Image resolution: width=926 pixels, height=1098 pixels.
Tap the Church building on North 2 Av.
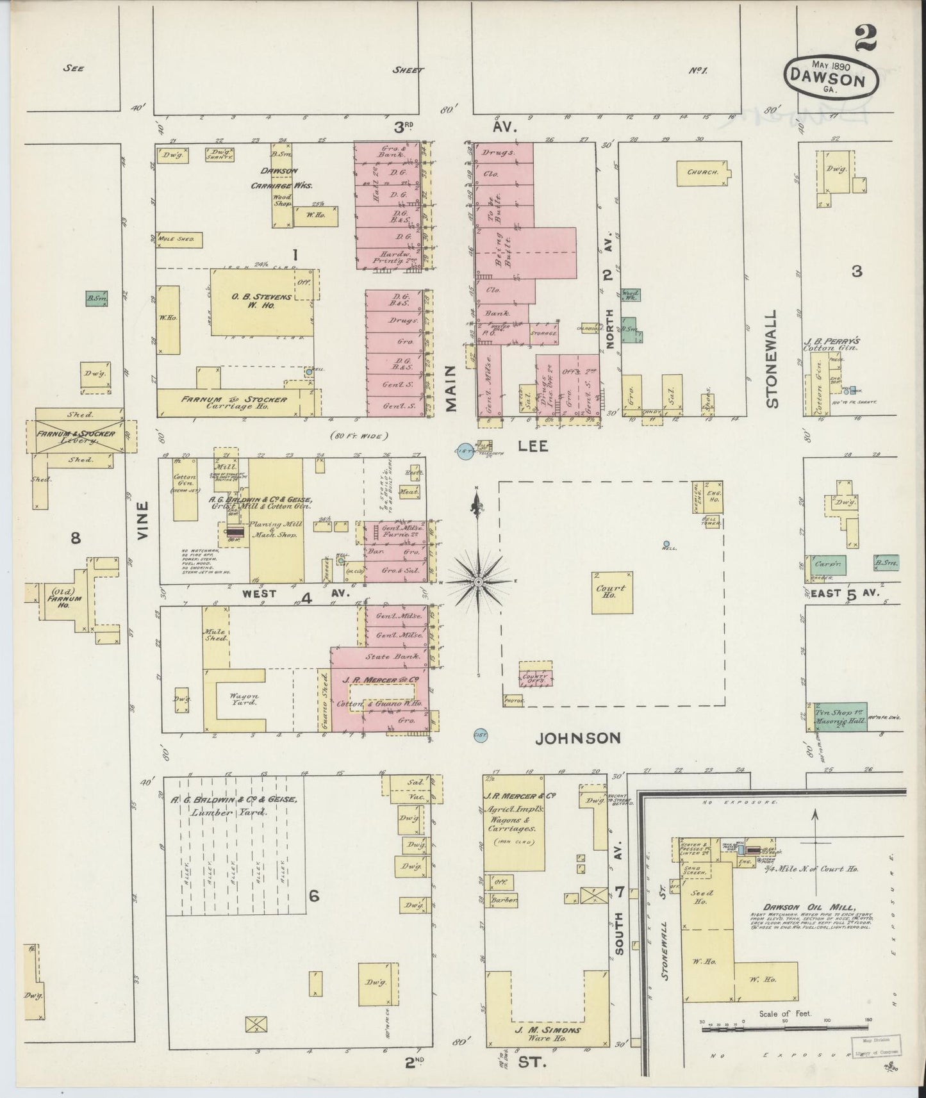tap(703, 172)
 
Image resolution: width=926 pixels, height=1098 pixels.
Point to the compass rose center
tap(478, 581)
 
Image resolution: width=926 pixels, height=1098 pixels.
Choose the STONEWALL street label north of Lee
tap(772, 359)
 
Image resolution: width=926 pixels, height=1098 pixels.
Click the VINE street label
tap(142, 520)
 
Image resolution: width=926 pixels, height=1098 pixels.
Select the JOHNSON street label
tap(578, 738)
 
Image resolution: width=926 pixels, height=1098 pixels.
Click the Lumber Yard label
tap(228, 812)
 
